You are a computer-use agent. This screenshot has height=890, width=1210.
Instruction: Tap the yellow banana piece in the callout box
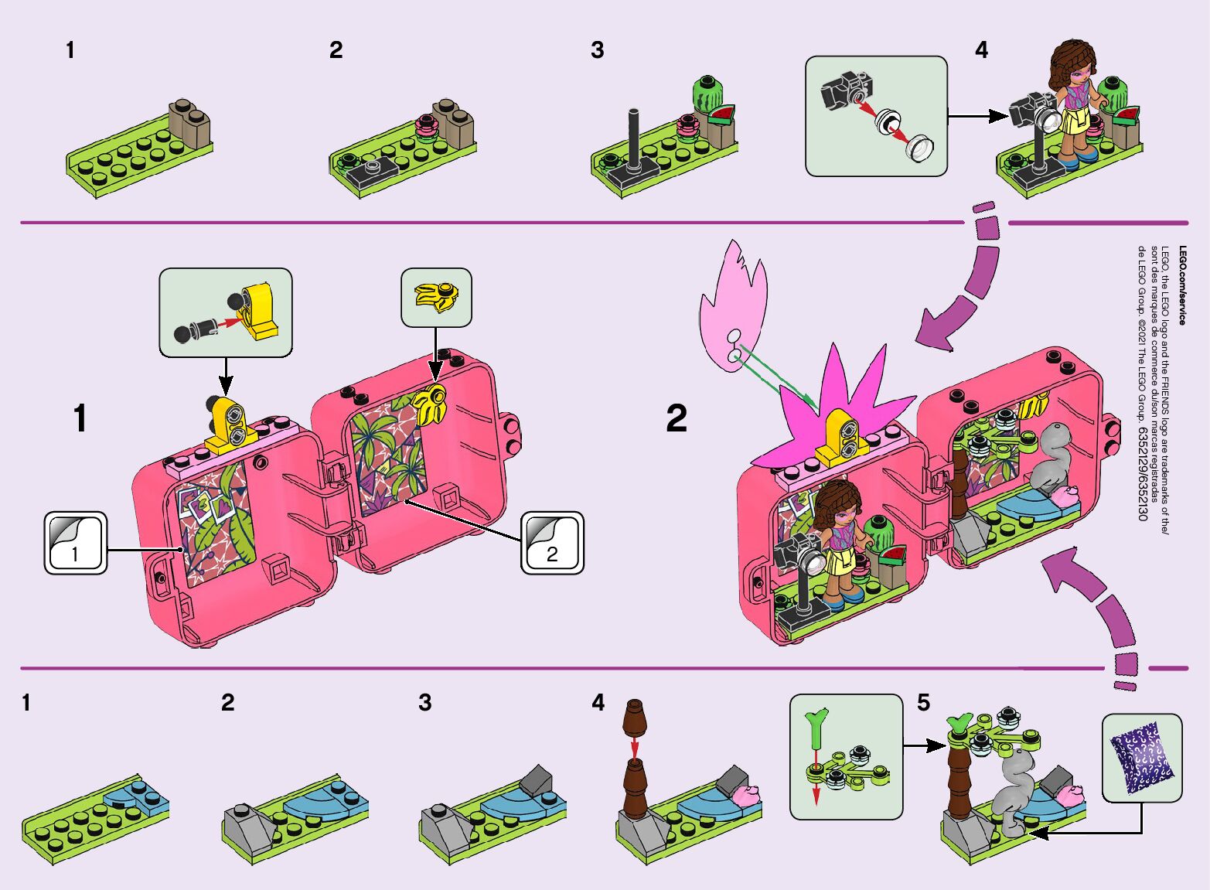click(x=436, y=297)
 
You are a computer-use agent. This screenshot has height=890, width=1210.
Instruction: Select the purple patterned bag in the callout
click(x=1142, y=757)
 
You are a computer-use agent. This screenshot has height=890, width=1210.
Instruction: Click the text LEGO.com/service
click(x=1182, y=285)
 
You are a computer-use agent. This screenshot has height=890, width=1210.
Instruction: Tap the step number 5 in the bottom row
click(x=923, y=703)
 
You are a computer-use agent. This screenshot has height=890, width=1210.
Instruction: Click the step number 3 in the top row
click(x=597, y=50)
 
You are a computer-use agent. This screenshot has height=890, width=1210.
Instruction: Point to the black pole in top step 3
click(x=633, y=139)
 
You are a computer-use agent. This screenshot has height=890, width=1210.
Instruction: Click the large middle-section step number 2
click(x=676, y=418)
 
